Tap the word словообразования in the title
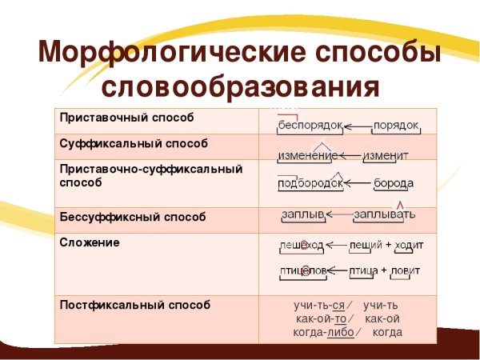tap(240, 86)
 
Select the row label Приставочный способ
tap(125, 118)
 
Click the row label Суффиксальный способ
tap(132, 143)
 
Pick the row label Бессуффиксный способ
tap(131, 216)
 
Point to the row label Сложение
tap(89, 242)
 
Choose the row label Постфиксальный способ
tap(134, 305)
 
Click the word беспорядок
tap(310, 126)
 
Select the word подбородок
tap(310, 183)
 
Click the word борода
tap(394, 183)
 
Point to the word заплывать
tap(384, 214)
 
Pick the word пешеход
tap(302, 244)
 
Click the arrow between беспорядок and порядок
tap(357, 126)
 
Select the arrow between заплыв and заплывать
tap(338, 214)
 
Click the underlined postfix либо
tap(341, 332)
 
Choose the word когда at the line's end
tap(387, 332)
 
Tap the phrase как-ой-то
tap(321, 318)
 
